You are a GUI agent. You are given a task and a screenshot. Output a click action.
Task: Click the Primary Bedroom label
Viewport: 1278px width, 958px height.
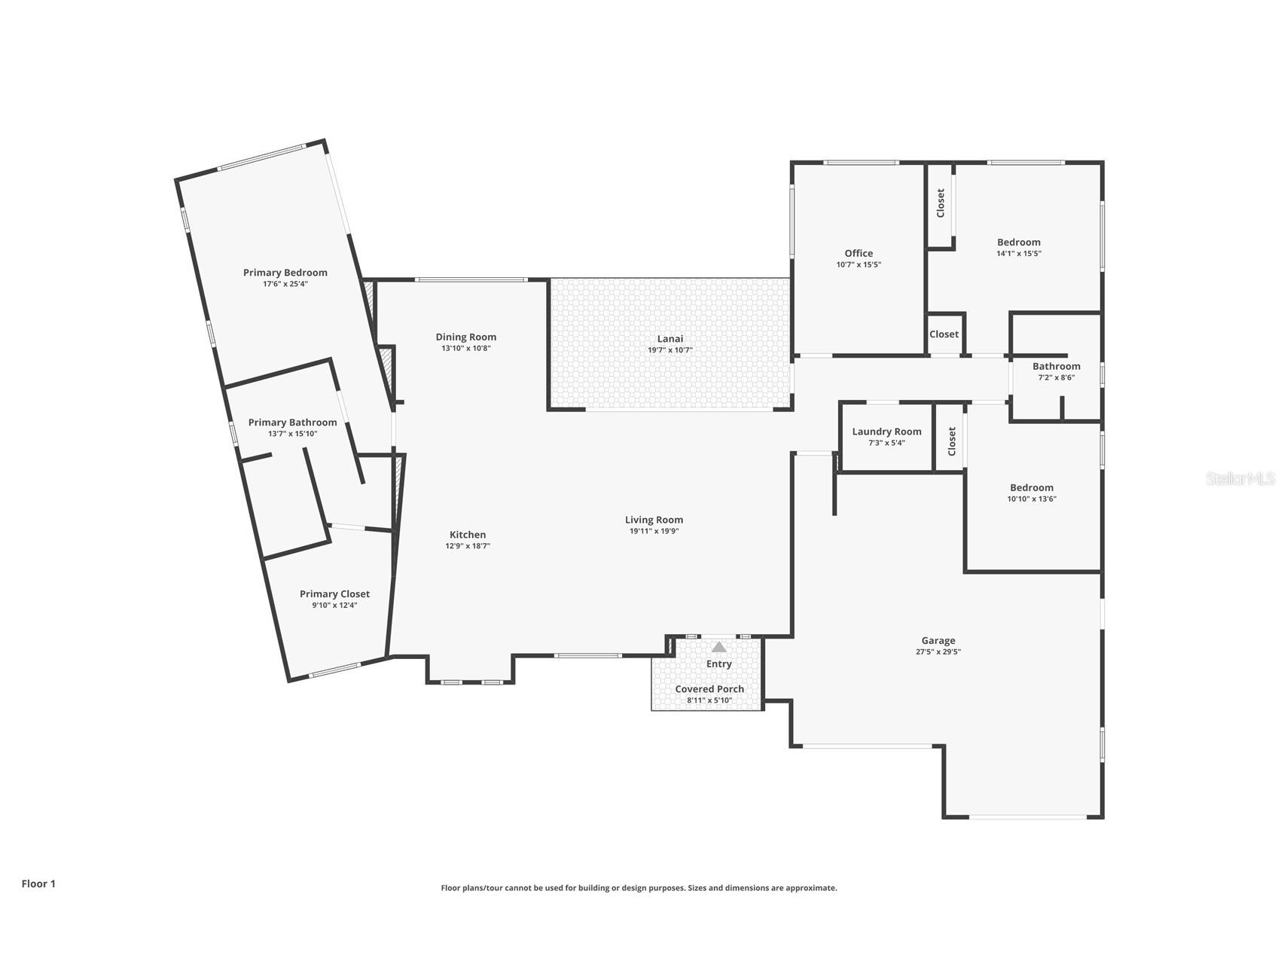point(285,273)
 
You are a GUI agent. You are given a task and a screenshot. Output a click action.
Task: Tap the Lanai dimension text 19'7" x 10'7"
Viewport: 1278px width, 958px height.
point(670,350)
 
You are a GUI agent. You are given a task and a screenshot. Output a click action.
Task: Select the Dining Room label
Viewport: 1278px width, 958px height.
point(465,337)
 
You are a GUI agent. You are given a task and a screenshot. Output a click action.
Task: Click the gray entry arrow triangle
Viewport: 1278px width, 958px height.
point(718,647)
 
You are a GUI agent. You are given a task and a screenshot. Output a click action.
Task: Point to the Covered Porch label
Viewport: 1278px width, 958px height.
point(709,688)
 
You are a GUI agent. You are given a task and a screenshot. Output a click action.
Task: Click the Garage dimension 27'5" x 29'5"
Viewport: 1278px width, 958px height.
point(938,652)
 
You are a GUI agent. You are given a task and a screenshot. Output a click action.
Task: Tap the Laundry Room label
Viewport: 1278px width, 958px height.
point(886,432)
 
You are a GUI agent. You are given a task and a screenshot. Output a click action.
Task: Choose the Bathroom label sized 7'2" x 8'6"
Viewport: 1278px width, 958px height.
point(1056,366)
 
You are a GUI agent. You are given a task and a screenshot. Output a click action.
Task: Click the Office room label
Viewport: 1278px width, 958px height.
point(859,253)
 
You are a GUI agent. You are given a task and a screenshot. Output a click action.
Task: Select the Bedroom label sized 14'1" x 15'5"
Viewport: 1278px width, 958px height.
point(1018,242)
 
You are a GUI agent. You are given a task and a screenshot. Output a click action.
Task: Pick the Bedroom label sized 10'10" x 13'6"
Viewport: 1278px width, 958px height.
point(1031,487)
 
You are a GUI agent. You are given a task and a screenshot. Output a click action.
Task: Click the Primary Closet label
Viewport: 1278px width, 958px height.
point(334,593)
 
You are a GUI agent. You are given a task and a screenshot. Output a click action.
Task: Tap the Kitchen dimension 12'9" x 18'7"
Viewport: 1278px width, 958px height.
point(468,546)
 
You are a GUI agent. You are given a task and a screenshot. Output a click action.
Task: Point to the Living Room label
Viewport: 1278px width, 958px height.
point(654,520)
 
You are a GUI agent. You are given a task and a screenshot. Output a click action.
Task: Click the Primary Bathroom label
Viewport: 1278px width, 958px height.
point(292,423)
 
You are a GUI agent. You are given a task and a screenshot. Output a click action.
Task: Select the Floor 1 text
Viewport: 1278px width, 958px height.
point(38,883)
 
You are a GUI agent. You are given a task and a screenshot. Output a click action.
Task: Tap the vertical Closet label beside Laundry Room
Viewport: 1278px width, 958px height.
point(951,441)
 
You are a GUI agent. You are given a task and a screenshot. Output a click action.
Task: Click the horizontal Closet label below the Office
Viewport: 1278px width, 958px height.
point(944,334)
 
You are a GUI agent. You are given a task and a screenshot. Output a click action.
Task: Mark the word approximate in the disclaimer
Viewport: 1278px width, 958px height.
point(810,888)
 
